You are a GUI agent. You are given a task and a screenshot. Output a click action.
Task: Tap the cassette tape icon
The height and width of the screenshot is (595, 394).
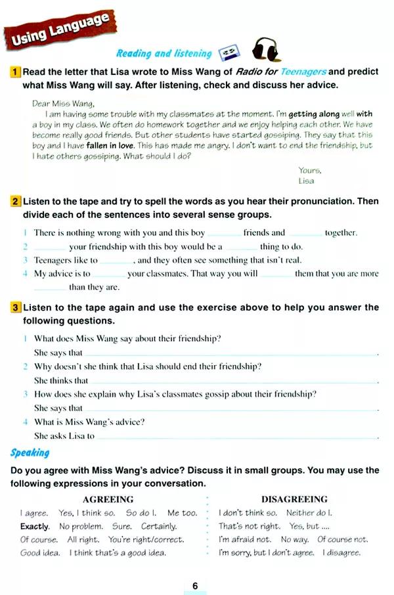(x=227, y=52)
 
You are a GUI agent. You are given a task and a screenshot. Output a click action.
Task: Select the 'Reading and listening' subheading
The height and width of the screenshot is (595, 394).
(x=164, y=54)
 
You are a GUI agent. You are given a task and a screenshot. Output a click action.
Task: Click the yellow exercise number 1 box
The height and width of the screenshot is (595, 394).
(x=16, y=72)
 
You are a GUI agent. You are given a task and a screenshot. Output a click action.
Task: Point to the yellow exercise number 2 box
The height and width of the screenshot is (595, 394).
(x=16, y=201)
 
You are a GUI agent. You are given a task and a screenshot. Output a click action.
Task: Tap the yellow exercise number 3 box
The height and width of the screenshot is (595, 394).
(x=16, y=307)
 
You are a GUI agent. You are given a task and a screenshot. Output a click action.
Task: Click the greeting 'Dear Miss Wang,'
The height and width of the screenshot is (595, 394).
(x=63, y=103)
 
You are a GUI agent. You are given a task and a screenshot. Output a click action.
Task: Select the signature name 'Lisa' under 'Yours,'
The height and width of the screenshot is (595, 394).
(x=306, y=180)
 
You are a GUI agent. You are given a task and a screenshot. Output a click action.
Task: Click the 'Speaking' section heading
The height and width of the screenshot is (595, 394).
(x=30, y=452)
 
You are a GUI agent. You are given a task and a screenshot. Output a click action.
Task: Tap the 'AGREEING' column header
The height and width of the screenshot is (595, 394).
(x=108, y=499)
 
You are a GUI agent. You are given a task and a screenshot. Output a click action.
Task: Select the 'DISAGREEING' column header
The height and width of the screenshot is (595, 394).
(x=294, y=499)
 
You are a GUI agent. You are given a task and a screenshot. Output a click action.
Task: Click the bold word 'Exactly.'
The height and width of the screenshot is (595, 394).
(x=35, y=526)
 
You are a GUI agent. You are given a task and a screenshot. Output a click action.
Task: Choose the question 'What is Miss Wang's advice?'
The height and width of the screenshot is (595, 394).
(x=89, y=422)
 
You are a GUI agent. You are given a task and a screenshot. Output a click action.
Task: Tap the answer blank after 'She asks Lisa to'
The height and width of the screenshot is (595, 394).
(x=236, y=436)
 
